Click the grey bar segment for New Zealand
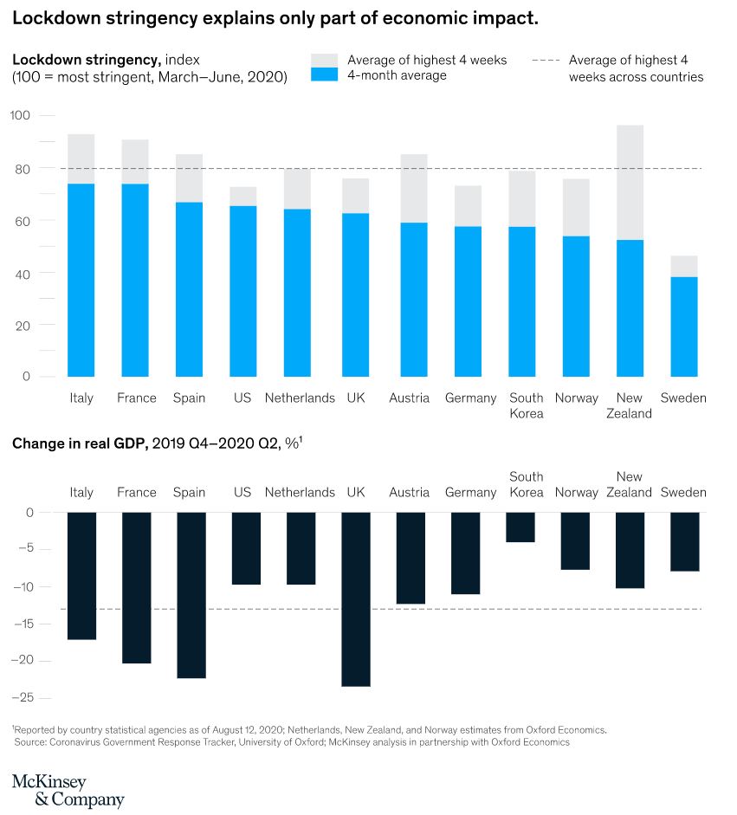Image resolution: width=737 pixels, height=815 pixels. point(630,182)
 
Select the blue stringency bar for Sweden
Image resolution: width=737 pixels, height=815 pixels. point(683,327)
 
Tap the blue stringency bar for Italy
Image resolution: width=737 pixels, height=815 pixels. point(81,280)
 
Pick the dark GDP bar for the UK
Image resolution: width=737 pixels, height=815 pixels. point(356,598)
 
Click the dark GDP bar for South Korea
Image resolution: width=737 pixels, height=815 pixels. point(520,527)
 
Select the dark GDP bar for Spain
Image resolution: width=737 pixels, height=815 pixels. point(190,594)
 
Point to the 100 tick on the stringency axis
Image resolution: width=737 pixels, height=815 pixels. point(20,116)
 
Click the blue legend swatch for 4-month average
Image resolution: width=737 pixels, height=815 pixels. point(324,75)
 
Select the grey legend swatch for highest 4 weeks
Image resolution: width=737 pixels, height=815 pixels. point(324,61)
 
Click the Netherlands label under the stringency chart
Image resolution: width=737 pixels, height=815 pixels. point(300,398)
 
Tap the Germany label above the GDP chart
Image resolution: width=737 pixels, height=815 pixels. point(470,492)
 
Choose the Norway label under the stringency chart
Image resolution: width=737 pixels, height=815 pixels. point(577,398)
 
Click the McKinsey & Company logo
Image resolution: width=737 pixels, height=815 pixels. point(68,790)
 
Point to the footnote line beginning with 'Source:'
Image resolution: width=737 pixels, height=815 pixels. point(291,742)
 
